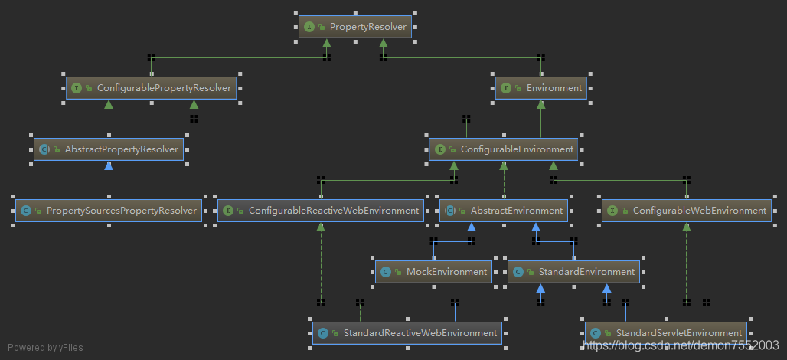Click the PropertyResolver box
pos(355,27)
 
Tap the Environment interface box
pos(541,88)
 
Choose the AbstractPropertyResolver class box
pos(109,149)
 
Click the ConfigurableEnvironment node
pos(504,149)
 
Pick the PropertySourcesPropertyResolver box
pos(109,210)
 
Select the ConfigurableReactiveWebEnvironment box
pos(321,210)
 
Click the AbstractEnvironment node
pos(504,210)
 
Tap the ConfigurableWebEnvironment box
pos(686,210)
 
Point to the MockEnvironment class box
pos(433,271)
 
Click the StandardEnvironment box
pos(573,271)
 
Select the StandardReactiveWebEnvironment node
pos(407,332)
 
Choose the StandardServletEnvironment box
pos(666,332)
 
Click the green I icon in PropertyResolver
pos(309,27)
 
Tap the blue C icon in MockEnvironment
pos(386,272)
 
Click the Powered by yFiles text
pos(45,348)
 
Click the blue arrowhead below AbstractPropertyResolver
pos(109,166)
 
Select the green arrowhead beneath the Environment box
pos(541,105)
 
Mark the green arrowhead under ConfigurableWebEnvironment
pos(686,227)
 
